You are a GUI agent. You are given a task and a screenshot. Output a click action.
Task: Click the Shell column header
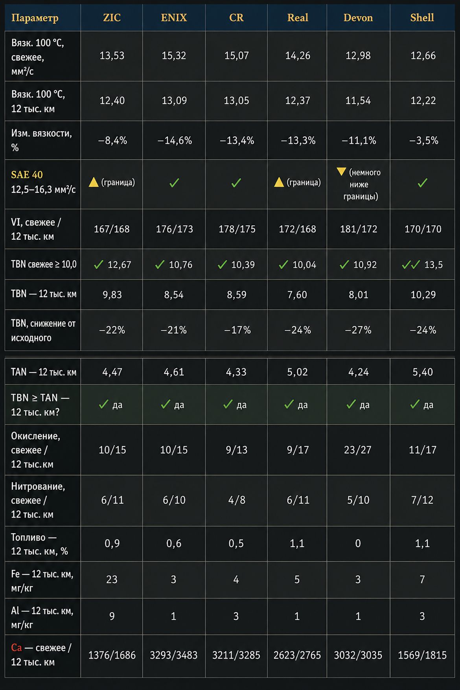point(422,18)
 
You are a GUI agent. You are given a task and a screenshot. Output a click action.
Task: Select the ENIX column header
point(174,18)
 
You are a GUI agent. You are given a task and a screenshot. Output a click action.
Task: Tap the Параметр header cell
point(35,18)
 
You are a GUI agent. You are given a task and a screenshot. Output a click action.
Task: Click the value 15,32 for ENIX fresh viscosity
point(174,56)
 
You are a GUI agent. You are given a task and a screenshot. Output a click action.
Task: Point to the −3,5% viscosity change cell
point(423,140)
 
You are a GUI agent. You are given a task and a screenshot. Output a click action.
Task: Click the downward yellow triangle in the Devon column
point(341,171)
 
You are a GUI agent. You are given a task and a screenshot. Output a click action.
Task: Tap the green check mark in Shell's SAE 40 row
point(423,183)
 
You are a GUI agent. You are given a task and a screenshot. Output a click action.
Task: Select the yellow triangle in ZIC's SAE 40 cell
point(94,182)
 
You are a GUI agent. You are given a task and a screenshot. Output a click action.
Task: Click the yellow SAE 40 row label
point(27,175)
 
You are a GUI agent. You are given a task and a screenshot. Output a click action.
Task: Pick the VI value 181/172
point(359,229)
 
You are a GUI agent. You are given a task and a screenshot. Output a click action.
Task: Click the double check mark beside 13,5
point(411,265)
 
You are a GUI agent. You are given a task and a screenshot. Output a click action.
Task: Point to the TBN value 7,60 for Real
point(297,295)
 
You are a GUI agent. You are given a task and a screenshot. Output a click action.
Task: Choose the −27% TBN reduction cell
point(358,330)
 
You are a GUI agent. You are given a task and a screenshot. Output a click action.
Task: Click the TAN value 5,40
point(423,372)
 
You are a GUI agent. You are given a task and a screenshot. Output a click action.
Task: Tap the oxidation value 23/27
point(358,450)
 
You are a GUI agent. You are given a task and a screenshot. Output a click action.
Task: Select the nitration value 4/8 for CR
point(237,500)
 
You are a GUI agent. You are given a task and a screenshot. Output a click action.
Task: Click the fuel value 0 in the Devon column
point(358,543)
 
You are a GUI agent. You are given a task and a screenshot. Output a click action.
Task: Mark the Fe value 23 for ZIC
point(112,580)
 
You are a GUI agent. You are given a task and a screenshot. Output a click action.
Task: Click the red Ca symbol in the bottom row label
point(17,648)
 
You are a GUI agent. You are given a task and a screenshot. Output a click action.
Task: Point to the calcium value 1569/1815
point(422,655)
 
